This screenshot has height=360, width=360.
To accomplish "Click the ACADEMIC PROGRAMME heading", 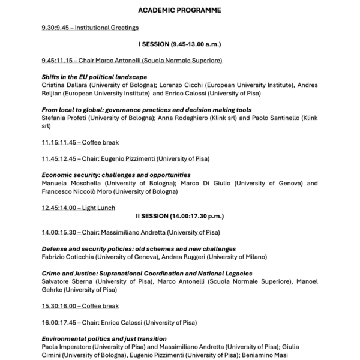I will click(179, 11).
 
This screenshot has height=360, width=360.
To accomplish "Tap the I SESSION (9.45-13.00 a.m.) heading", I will click(179, 44).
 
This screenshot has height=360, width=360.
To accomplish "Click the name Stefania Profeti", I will click(62, 118).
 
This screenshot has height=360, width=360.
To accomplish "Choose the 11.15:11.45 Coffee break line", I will click(80, 142).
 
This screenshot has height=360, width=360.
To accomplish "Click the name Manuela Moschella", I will click(66, 183).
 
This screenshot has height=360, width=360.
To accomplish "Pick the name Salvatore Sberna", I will click(64, 281).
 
